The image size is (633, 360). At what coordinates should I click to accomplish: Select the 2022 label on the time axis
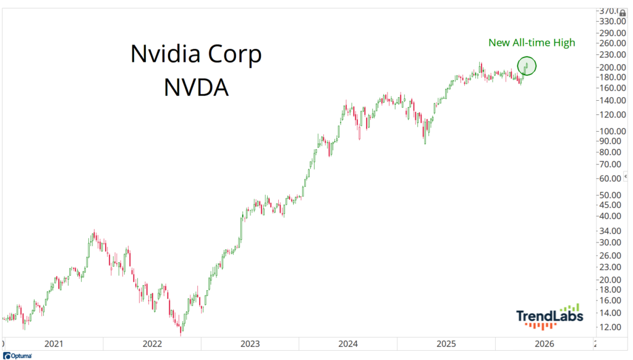tap(151, 344)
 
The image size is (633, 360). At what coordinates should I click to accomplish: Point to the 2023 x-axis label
tap(250, 344)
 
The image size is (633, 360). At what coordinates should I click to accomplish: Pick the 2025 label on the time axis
tap(446, 344)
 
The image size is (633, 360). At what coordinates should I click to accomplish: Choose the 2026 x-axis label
tap(544, 344)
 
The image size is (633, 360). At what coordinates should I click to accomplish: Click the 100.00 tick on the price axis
tap(610, 131)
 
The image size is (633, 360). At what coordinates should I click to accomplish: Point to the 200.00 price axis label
tap(610, 67)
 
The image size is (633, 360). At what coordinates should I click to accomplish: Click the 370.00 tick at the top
tap(610, 11)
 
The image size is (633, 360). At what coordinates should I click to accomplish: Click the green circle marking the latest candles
tap(527, 66)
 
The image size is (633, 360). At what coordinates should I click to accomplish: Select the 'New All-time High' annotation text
tap(532, 43)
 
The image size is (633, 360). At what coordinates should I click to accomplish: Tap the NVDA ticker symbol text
tap(197, 87)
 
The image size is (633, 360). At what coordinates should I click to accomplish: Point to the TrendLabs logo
tap(550, 316)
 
